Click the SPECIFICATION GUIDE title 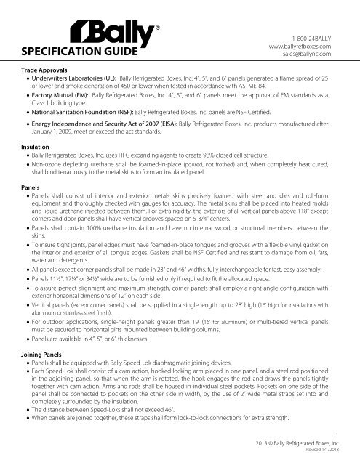pos(66,53)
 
